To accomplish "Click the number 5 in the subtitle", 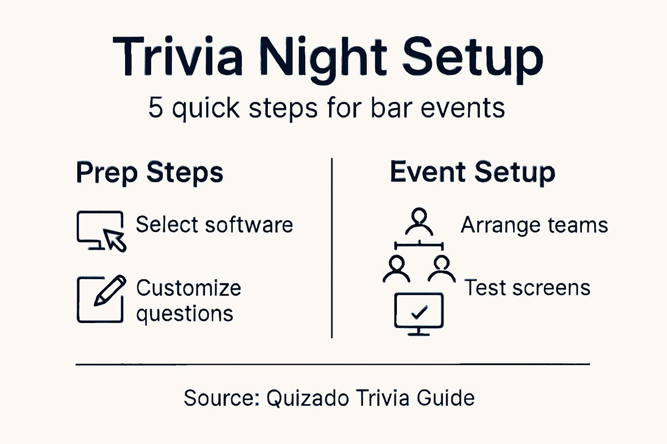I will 156,108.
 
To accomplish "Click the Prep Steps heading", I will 149,173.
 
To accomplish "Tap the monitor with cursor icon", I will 101,230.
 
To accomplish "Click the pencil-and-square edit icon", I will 99,299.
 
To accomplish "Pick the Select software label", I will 214,225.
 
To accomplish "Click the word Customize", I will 188,288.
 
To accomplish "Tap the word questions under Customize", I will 185,314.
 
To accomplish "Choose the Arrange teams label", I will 534,225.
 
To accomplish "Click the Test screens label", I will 527,287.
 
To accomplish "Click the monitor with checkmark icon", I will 417,314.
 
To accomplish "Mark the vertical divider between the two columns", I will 332,248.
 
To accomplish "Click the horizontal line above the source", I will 332,365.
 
